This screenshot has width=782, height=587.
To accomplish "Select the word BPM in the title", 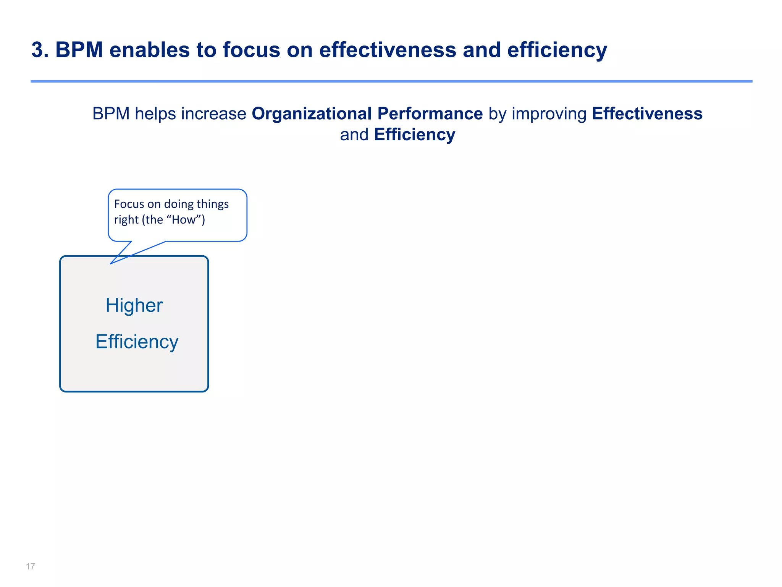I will tap(79, 50).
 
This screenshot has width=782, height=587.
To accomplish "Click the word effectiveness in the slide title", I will tap(388, 50).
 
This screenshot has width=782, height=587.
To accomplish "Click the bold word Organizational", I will tap(312, 114).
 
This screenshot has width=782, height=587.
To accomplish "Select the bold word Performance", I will tap(430, 114).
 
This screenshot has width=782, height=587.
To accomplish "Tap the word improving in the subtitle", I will tap(549, 114).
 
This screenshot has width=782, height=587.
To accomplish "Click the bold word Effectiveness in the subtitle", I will tap(647, 114).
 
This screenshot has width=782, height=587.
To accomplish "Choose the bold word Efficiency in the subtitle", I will tap(414, 135).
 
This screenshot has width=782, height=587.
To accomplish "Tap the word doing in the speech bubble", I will tap(179, 204).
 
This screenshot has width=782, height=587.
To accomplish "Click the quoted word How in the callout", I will tap(184, 220).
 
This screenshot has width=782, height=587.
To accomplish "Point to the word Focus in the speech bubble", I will tap(129, 204).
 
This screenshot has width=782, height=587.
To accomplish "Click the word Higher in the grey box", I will tap(134, 305).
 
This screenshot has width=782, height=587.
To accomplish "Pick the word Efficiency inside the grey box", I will tap(137, 342).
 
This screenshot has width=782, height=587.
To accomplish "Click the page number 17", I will tap(30, 566).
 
